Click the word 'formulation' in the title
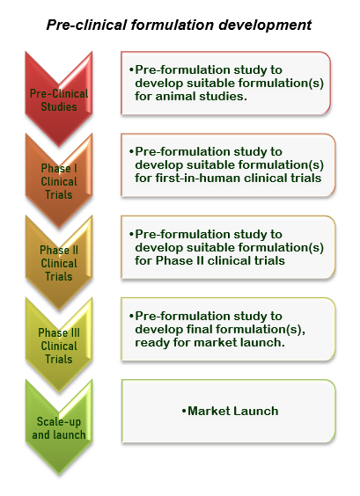coord(173,25)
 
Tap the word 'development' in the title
coord(265,25)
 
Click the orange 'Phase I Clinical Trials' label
coord(59,181)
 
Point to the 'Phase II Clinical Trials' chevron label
coord(59,263)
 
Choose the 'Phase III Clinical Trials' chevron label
coord(59,346)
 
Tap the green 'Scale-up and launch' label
coord(59,428)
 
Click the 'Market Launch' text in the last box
coord(233,411)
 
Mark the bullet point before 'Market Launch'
coord(184,411)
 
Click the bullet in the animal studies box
coord(131,69)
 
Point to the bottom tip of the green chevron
coord(59,475)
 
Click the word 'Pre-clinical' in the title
coord(86,25)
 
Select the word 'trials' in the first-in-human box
coord(306,178)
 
